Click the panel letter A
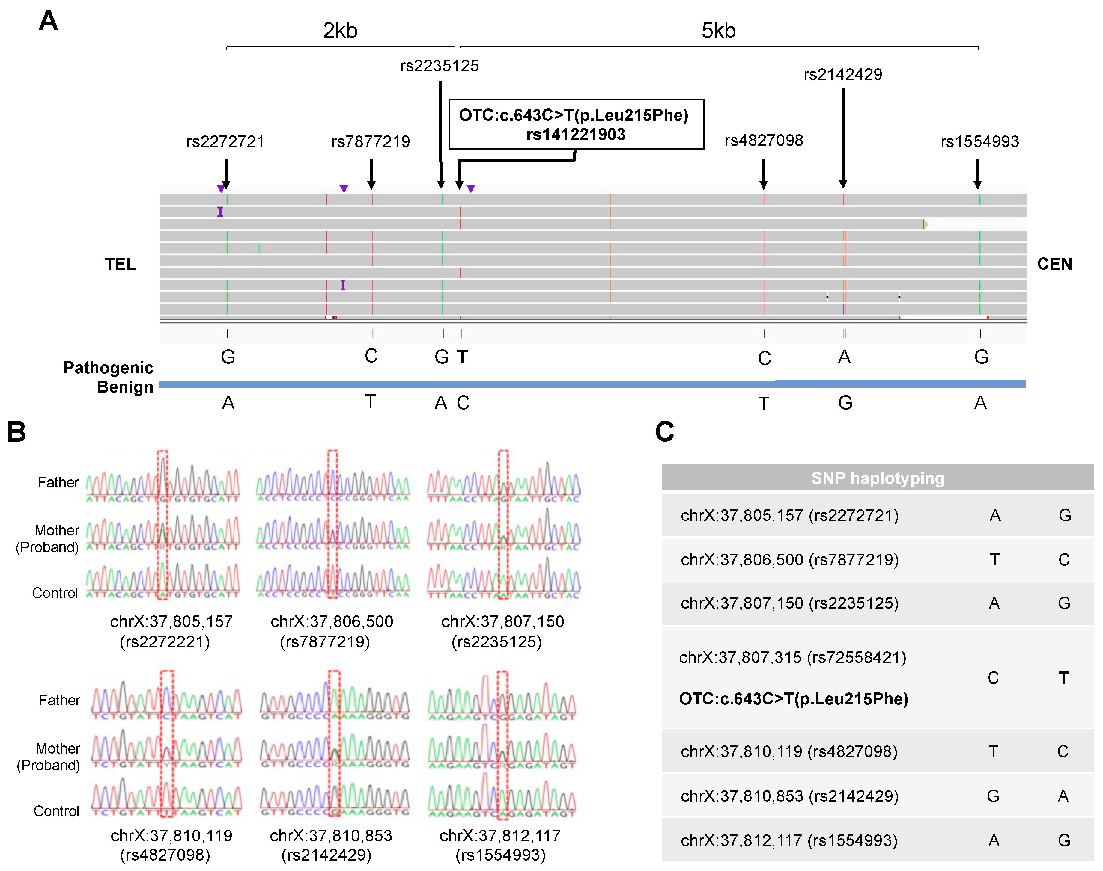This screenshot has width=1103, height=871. [49, 21]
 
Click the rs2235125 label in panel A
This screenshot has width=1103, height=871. [439, 66]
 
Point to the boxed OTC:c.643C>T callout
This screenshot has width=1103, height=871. [576, 124]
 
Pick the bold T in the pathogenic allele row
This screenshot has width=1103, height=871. [463, 357]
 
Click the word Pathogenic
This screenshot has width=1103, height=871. [108, 368]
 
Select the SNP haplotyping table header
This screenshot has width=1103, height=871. [878, 478]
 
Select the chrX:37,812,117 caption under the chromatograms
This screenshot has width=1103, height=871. [500, 835]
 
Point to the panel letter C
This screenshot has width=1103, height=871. [665, 431]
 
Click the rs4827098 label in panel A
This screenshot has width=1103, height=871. [764, 140]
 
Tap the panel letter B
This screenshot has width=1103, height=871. [17, 431]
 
